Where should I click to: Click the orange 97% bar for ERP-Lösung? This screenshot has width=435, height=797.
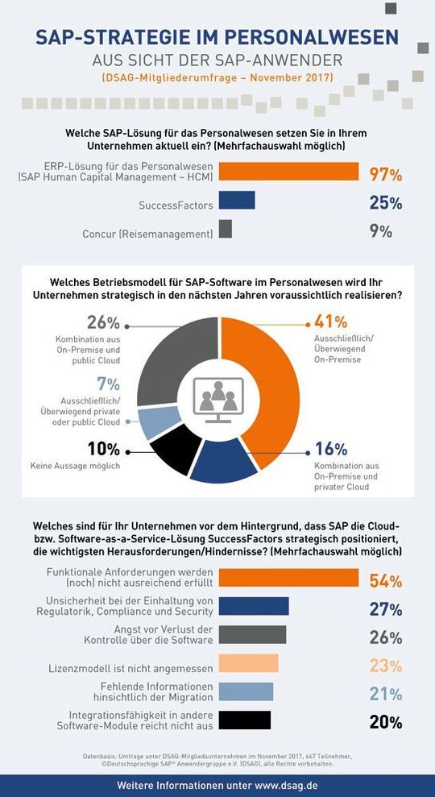coord(288,172)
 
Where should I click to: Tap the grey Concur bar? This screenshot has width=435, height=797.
coord(226,229)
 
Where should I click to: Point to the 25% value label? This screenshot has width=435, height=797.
coord(386,202)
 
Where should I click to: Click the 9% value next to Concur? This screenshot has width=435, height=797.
coord(380,231)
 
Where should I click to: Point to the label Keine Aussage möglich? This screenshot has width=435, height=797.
coord(75,466)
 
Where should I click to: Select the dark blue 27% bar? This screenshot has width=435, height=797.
coord(254,606)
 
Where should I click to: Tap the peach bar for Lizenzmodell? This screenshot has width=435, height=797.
coord(249,663)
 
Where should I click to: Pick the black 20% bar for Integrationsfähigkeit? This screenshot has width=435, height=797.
coord(245,720)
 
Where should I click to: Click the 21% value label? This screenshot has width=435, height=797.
coord(386,694)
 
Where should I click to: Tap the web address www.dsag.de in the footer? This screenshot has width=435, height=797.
coord(286,785)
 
